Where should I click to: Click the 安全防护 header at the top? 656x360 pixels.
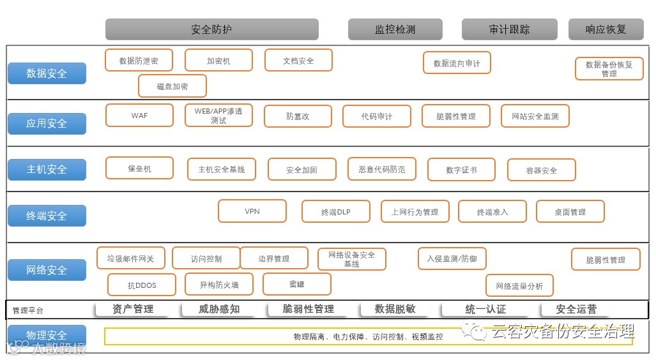coord(211,29)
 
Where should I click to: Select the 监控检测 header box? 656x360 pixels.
coord(395,29)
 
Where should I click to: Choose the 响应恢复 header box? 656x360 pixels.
coord(606,29)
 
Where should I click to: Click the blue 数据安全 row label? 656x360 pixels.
coord(47,73)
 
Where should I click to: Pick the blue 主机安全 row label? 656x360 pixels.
coord(47,169)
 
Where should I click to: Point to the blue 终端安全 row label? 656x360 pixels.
coord(47,216)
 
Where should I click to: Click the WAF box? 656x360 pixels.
coord(139,116)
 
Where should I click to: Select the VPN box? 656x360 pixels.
coord(252,211)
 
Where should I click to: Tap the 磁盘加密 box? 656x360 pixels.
coord(172,86)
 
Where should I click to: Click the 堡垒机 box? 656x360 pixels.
coord(139,169)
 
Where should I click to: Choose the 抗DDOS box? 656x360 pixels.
coord(142,285)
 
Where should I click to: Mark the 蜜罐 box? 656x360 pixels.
coord(296,284)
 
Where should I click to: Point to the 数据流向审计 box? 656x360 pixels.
coord(457,63)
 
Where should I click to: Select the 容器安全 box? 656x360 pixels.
coord(541,170)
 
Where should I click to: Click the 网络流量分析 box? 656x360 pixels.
coord(519,286)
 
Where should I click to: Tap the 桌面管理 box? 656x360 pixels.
coord(570,212)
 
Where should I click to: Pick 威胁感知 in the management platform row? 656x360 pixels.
coord(218,309)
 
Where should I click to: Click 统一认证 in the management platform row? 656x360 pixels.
coord(485,309)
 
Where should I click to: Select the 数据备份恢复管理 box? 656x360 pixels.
coord(609,69)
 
